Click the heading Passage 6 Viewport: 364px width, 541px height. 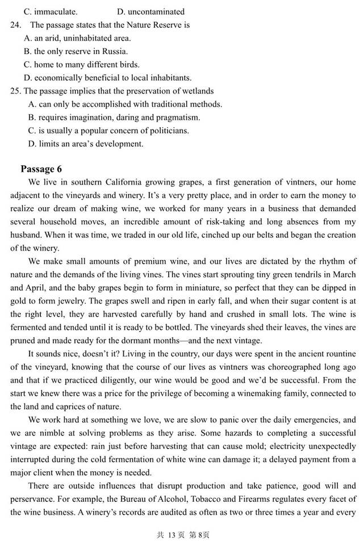click(x=41, y=169)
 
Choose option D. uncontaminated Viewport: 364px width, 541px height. click(x=150, y=11)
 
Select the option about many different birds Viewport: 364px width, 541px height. click(x=82, y=64)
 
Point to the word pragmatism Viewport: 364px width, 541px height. click(x=177, y=118)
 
